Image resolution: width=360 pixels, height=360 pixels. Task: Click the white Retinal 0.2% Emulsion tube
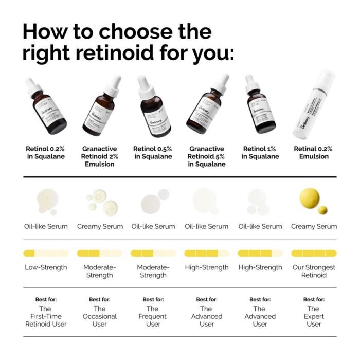tap(313, 105)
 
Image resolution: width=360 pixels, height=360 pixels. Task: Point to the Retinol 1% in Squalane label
tap(260, 153)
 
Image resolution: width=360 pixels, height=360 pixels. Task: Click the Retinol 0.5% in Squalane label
tap(153, 153)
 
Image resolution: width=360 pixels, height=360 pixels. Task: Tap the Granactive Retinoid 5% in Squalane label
tap(206, 156)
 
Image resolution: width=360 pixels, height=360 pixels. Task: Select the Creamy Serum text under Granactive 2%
tap(100, 226)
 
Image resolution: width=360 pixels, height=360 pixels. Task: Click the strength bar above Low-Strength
tap(46, 253)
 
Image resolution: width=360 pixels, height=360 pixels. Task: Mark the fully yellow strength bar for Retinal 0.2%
tap(314, 253)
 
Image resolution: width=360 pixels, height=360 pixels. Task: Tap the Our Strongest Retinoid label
tap(314, 271)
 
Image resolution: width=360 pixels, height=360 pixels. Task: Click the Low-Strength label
tap(46, 267)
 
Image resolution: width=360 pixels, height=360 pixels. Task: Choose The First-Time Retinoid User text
tap(46, 316)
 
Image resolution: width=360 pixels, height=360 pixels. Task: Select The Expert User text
tap(314, 316)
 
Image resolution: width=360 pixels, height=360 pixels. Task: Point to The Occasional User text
tap(100, 316)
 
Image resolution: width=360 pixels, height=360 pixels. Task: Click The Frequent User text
tap(153, 316)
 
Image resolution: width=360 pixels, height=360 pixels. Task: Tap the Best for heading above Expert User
tap(314, 299)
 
